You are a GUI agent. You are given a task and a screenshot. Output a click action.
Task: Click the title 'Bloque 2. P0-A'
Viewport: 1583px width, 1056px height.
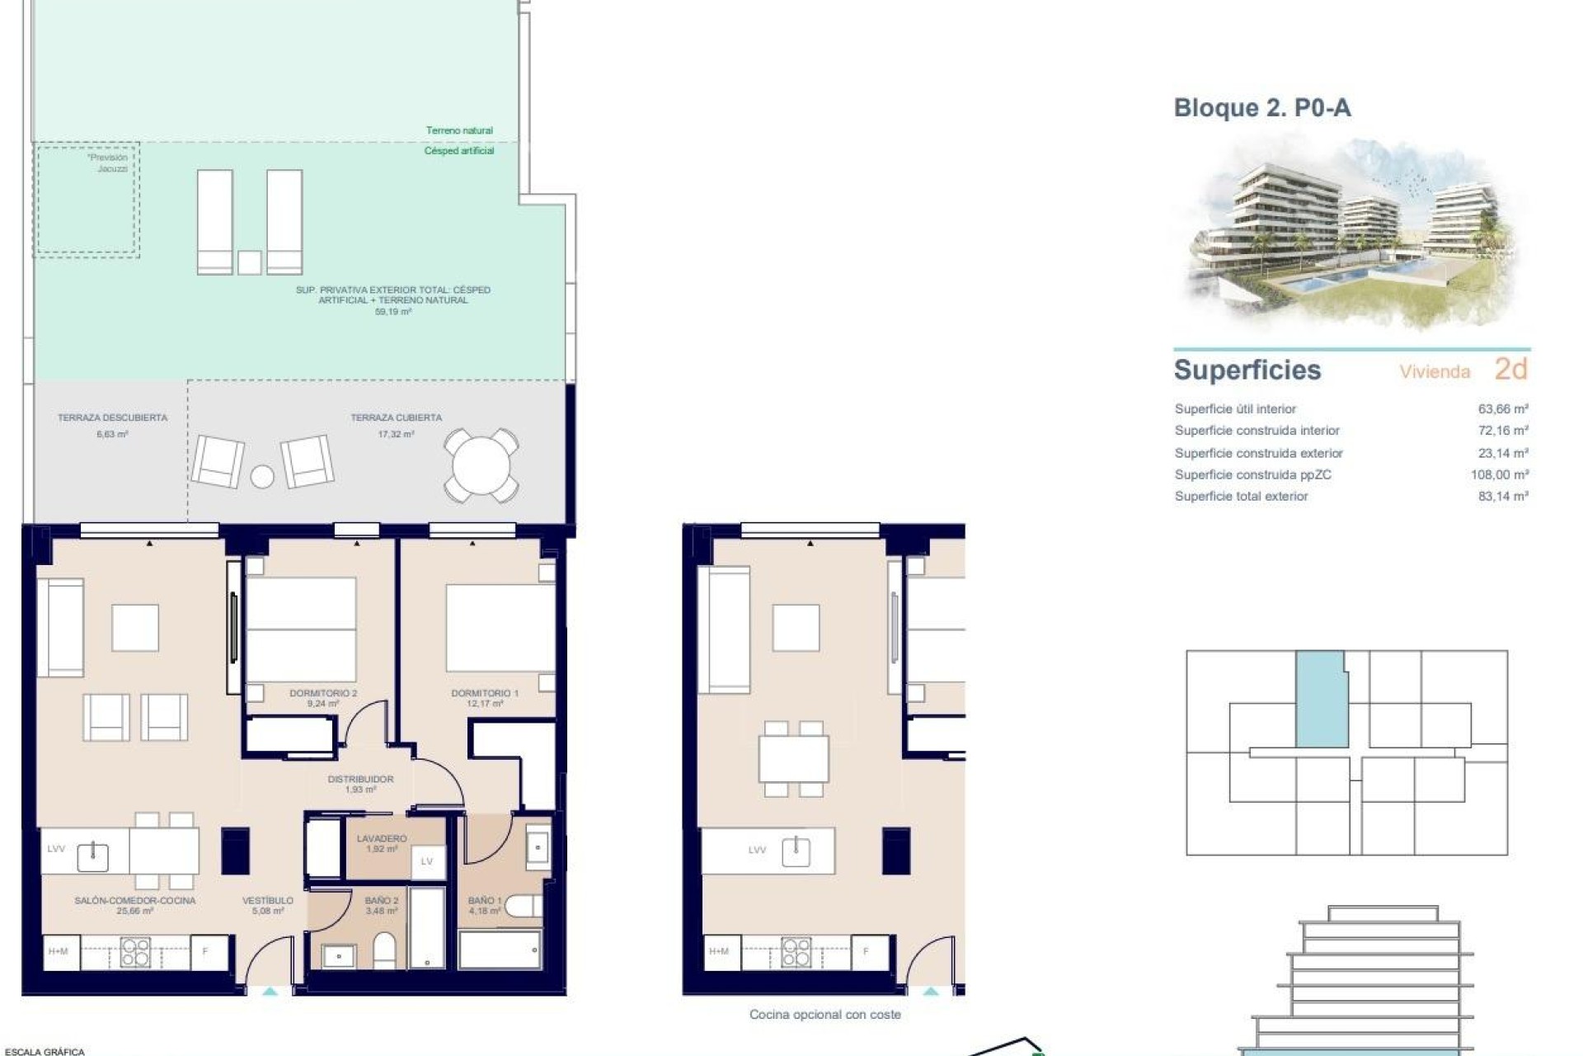1261,108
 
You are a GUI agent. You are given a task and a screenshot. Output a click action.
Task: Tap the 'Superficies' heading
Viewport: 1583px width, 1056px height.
1247,370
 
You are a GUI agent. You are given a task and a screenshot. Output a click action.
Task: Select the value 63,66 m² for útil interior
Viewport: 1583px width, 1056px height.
1503,408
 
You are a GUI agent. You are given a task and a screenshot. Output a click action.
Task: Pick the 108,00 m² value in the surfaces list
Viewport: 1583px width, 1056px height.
1499,474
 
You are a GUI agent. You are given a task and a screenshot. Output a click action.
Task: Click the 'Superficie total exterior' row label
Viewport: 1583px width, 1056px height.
1241,496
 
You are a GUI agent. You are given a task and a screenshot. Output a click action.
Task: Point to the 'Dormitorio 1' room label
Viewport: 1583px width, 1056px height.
485,693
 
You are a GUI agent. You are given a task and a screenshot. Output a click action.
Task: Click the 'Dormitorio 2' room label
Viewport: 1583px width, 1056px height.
323,693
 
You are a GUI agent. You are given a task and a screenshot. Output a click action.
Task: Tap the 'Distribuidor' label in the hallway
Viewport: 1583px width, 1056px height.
360,779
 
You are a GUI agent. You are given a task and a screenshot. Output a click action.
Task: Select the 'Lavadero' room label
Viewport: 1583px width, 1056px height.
382,838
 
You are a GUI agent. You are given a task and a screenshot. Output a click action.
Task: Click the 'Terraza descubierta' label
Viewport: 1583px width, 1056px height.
112,417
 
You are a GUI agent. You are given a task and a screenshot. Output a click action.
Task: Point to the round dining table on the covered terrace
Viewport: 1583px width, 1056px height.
481,465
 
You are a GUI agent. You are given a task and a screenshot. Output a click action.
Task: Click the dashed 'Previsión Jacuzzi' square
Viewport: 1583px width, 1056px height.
87,200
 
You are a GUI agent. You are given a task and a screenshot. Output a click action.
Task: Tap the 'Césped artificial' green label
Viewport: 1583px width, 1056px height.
459,151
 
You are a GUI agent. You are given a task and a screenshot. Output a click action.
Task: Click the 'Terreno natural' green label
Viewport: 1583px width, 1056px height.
459,130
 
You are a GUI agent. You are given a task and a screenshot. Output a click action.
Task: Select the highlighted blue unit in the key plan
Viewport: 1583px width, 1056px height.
1321,700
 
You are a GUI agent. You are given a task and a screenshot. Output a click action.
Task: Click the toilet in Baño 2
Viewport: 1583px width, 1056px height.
384,950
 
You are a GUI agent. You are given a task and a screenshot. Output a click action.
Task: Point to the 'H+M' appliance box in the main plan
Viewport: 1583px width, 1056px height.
58,951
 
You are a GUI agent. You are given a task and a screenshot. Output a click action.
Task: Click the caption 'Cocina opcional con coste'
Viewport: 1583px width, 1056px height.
824,1015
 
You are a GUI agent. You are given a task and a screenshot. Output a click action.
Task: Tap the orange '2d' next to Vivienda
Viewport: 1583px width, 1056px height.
1511,370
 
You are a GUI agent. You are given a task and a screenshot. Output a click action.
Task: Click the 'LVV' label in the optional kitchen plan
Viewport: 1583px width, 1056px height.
757,850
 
